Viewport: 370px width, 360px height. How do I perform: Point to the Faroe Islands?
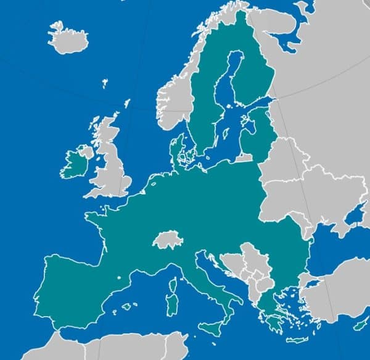click(x=105, y=83)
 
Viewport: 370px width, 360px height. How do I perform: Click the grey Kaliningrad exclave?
click(x=244, y=157)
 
